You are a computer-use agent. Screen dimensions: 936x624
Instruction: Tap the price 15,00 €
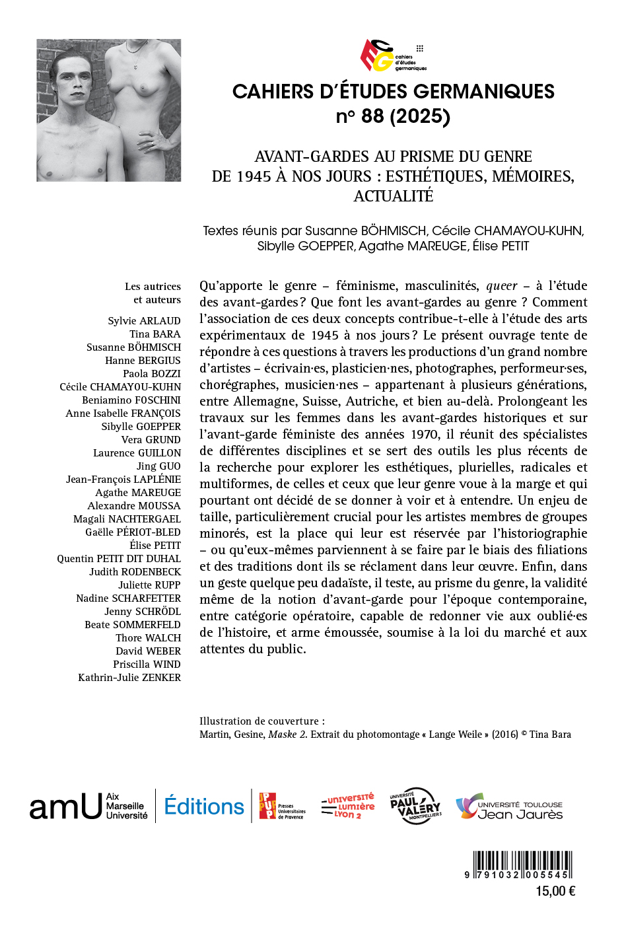555,891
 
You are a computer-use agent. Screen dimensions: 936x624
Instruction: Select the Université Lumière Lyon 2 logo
348,806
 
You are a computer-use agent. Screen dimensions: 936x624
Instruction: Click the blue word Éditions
204,807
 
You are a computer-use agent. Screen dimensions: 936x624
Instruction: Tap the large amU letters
65,807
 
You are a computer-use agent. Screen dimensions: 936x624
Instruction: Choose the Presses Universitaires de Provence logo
282,807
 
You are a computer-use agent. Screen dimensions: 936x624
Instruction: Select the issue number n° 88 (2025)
393,116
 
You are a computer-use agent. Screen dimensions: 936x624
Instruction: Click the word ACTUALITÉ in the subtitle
394,196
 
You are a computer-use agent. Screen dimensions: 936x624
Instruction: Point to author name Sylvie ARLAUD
144,320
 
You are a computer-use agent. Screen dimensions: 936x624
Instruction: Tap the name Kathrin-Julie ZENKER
129,677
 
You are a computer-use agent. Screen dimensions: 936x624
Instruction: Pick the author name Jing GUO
158,466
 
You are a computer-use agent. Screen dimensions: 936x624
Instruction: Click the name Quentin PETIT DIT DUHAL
119,558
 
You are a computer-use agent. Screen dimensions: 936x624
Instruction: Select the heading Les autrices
153,286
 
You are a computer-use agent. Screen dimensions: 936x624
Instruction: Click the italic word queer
502,286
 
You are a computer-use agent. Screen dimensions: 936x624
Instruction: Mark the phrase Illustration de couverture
261,721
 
